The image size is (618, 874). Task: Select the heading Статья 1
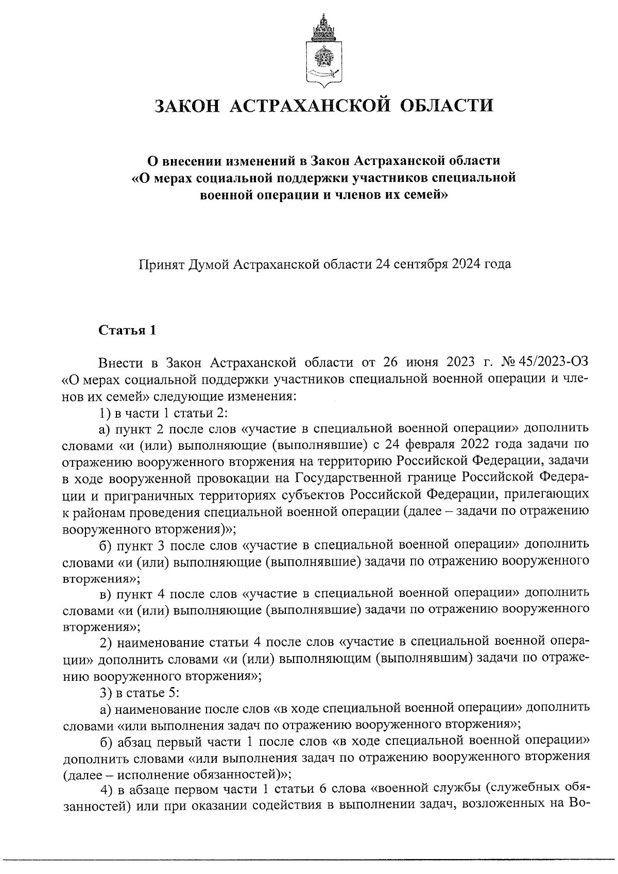click(127, 330)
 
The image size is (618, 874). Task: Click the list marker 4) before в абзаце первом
click(106, 791)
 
